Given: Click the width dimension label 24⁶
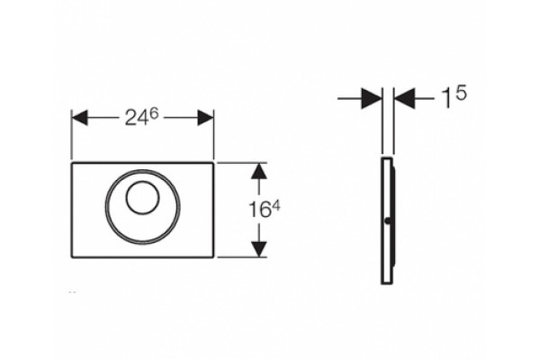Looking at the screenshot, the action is pos(141,118).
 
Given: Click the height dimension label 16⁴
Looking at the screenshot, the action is pos(265,210).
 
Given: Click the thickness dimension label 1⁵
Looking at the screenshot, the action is pos(454,96).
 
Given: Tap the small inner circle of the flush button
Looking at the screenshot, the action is pos(142,197).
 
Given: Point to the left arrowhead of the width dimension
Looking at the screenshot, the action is pos(79,118).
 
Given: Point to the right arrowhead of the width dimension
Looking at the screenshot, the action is pos(205,118).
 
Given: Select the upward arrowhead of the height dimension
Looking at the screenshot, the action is pos(259,171).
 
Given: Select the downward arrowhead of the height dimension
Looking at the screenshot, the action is pos(259,249).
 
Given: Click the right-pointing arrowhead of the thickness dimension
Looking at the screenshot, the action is pos(372,98).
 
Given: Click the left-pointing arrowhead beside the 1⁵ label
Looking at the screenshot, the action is pos(404,98).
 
